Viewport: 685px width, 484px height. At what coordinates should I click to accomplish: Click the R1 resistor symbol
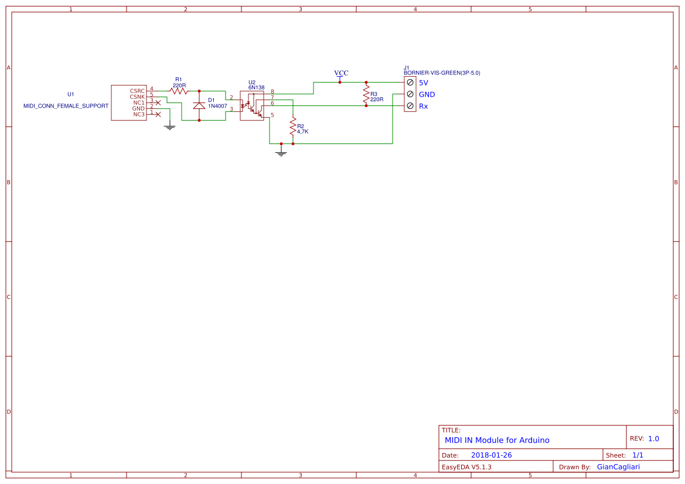coord(179,91)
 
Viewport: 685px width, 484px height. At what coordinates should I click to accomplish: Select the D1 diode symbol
coord(199,105)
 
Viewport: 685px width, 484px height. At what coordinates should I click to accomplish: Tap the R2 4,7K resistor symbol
coord(292,126)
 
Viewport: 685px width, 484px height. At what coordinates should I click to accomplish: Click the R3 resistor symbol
coord(366,94)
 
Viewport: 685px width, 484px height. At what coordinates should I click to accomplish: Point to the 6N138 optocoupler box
coord(252,105)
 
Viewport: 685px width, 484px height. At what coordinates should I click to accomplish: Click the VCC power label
coord(341,73)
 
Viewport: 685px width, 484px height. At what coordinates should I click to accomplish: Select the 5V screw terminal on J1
coord(410,83)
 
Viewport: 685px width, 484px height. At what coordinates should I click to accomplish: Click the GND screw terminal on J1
coord(410,94)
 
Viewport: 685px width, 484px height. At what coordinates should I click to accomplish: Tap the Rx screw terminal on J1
coord(410,106)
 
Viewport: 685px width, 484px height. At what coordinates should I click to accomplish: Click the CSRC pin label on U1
coord(137,91)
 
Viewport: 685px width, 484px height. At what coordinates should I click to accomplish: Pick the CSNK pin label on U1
coord(137,97)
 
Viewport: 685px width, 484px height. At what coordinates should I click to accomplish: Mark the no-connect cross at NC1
coord(158,102)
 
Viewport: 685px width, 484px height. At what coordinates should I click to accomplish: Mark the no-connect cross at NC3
coord(157,114)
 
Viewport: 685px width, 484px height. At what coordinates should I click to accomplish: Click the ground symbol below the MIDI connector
coord(170,126)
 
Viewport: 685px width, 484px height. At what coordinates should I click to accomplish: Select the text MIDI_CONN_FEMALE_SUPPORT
coord(66,106)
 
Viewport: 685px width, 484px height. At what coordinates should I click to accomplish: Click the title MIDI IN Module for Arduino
coord(497,440)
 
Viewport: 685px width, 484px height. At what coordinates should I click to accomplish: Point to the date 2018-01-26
coord(491,455)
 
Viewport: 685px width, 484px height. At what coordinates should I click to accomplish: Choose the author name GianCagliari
coord(618,467)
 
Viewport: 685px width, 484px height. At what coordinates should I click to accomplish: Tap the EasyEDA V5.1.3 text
coord(466,467)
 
